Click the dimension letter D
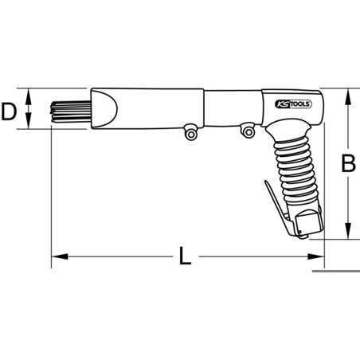click(x=9, y=112)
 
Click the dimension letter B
click(x=348, y=162)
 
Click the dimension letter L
click(x=185, y=256)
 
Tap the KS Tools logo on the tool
click(x=293, y=104)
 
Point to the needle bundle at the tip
click(x=70, y=112)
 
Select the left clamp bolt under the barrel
click(x=190, y=132)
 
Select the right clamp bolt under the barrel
click(x=248, y=131)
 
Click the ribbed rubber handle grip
click(x=296, y=170)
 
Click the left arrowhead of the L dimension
click(x=60, y=256)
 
